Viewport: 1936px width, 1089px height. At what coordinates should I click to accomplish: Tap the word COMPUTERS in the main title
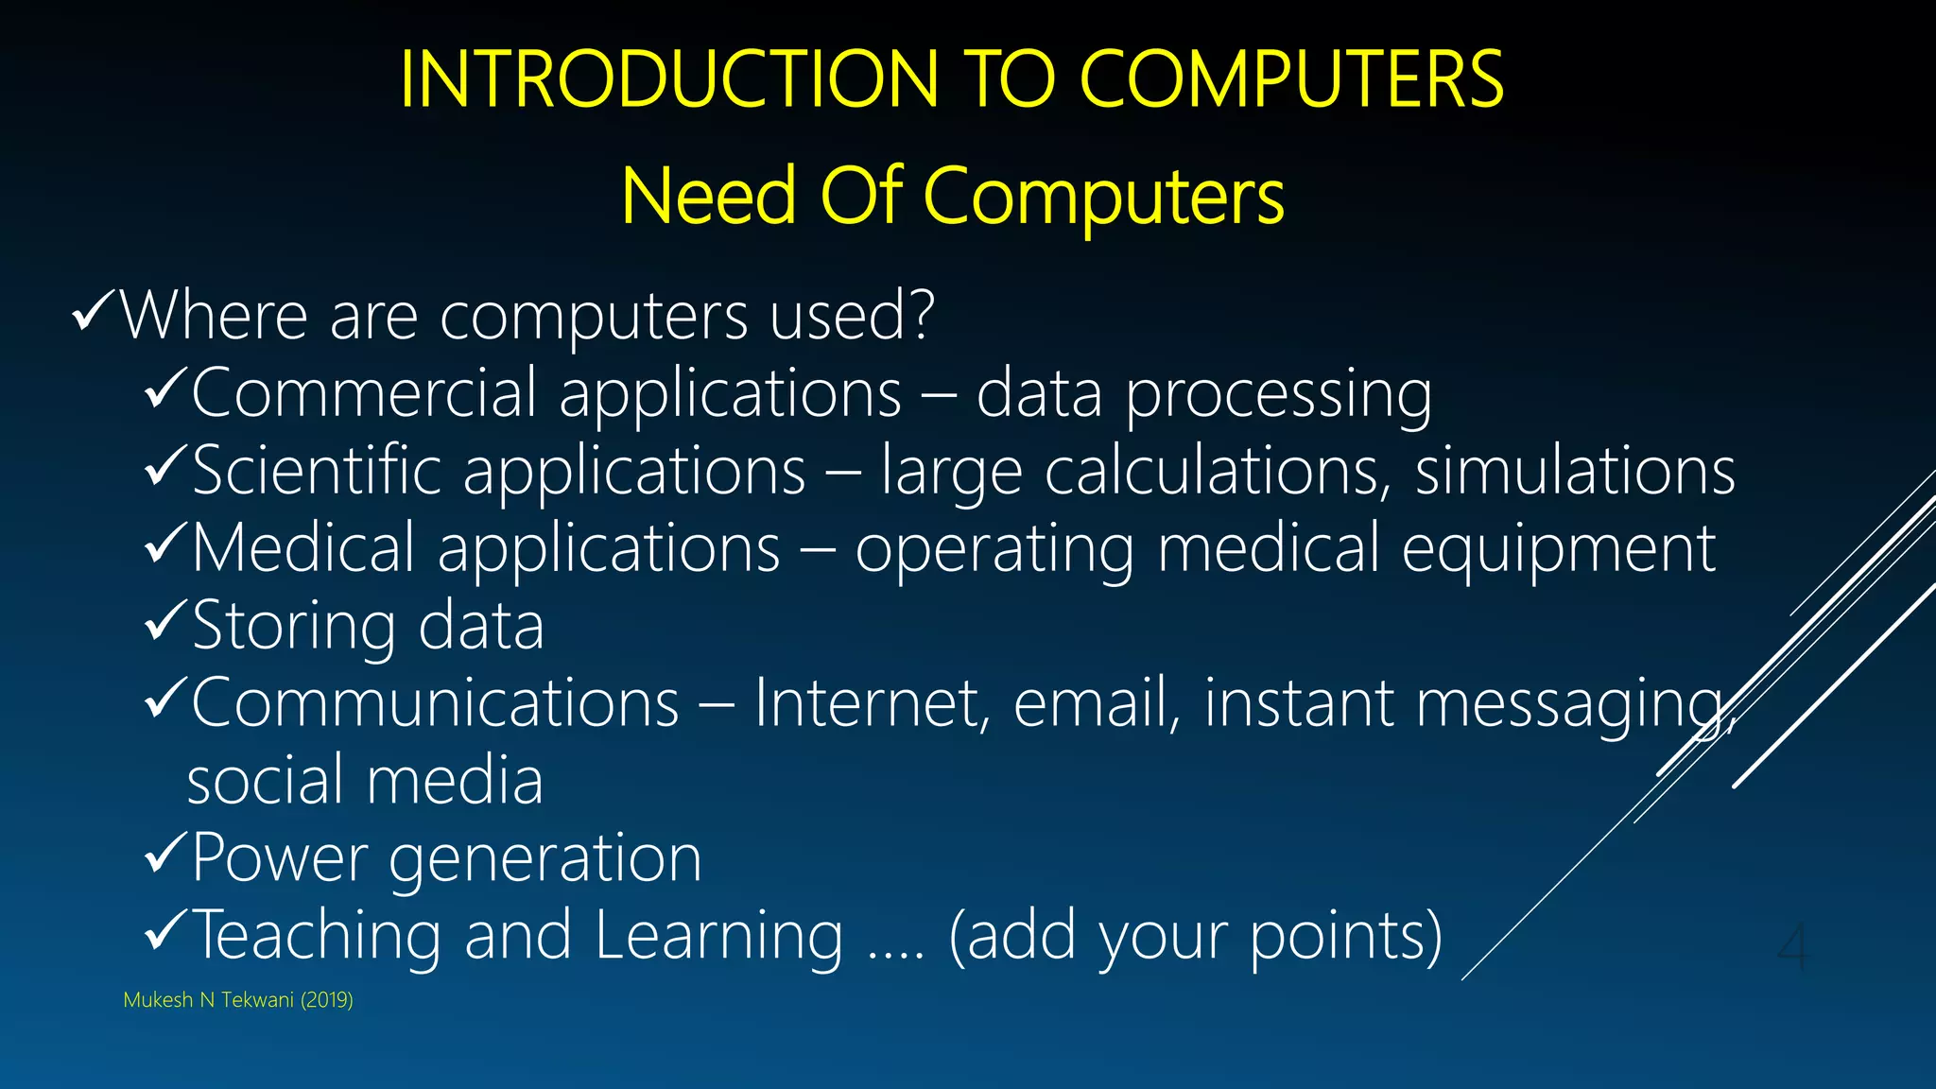pyautogui.click(x=1290, y=79)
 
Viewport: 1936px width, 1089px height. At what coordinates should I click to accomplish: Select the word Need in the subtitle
pyautogui.click(x=709, y=197)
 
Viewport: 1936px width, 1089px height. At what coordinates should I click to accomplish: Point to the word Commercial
pyautogui.click(x=364, y=393)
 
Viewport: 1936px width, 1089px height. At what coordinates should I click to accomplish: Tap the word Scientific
pyautogui.click(x=317, y=471)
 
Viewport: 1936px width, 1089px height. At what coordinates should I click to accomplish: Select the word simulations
pyautogui.click(x=1575, y=471)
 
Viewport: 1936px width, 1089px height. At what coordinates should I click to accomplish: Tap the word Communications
pyautogui.click(x=436, y=703)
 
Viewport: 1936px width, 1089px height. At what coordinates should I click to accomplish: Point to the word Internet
pyautogui.click(x=871, y=703)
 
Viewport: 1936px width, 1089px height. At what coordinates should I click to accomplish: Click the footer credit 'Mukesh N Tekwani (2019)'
pyautogui.click(x=238, y=1000)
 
